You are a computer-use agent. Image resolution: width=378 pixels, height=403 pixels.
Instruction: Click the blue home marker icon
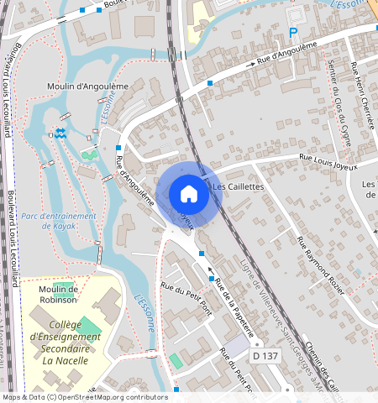pos(189,194)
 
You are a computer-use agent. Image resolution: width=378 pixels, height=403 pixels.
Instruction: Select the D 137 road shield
pos(266,357)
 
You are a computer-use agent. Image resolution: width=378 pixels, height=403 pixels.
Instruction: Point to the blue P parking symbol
pos(293,34)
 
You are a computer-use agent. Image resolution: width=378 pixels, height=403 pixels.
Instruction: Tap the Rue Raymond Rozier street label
pos(320,264)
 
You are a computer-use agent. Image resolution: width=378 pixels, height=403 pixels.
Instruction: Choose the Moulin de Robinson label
pos(58,294)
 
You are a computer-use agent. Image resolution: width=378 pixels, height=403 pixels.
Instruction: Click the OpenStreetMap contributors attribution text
pos(84,397)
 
